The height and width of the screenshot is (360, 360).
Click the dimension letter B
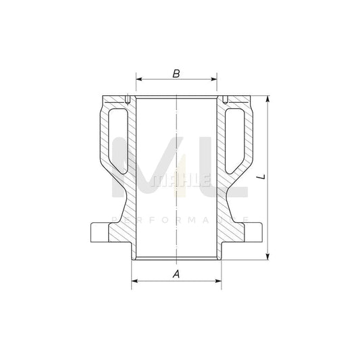(176, 72)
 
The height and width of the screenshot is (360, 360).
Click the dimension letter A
(176, 274)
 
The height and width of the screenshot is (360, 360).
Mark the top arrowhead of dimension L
(269, 99)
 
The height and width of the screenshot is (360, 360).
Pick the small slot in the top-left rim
(126, 100)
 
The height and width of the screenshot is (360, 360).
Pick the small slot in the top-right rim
(226, 100)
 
